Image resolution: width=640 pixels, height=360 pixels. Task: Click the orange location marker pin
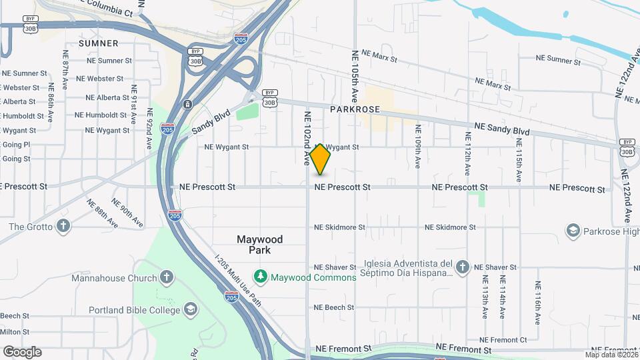click(320, 159)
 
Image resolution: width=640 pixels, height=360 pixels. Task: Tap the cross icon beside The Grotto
click(63, 226)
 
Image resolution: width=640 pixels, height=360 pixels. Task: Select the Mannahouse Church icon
click(167, 277)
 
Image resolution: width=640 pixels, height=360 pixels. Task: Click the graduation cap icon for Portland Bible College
click(191, 310)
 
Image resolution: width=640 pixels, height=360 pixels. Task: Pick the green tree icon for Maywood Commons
click(260, 276)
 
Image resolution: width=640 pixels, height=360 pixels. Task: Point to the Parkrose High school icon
click(572, 231)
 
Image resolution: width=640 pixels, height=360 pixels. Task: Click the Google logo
click(22, 352)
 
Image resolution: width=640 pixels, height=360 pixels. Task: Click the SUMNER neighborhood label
click(98, 43)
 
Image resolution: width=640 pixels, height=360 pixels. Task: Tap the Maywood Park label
click(259, 245)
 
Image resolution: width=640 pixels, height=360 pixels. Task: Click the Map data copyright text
click(611, 355)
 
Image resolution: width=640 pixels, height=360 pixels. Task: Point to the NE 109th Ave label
click(418, 146)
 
